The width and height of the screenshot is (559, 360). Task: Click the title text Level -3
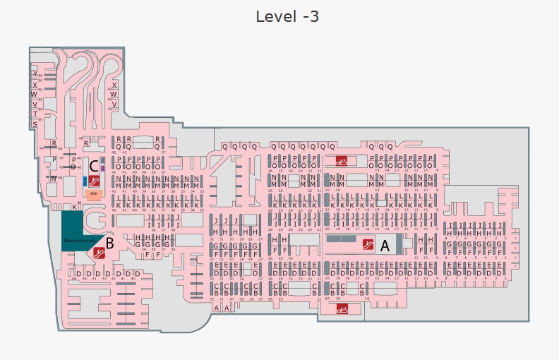coord(287,16)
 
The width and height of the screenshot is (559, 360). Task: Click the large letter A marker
coord(385,246)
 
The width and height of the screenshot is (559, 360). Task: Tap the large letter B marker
coord(109,243)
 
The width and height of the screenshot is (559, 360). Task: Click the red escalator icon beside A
coord(368,245)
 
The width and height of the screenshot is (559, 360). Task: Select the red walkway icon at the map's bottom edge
coord(342,308)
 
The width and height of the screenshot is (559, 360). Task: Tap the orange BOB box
coord(93,193)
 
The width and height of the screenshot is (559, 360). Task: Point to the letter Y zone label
coord(35,73)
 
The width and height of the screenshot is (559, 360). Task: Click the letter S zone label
coord(35,124)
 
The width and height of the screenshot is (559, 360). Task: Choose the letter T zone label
coord(35,114)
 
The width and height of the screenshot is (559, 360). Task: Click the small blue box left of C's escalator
coord(84,179)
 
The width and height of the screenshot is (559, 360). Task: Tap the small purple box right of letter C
coord(103,167)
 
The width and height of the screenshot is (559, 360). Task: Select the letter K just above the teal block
coord(73,207)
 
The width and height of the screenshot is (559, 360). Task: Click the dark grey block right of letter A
coord(398,245)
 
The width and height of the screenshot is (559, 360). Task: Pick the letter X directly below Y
coord(35,85)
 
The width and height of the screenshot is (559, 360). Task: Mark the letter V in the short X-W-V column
coord(114,104)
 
